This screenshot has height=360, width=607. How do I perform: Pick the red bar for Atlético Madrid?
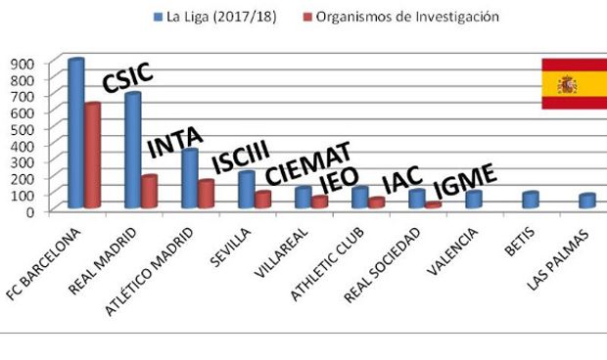tap(206, 194)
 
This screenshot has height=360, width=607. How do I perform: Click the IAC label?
tap(401, 180)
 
